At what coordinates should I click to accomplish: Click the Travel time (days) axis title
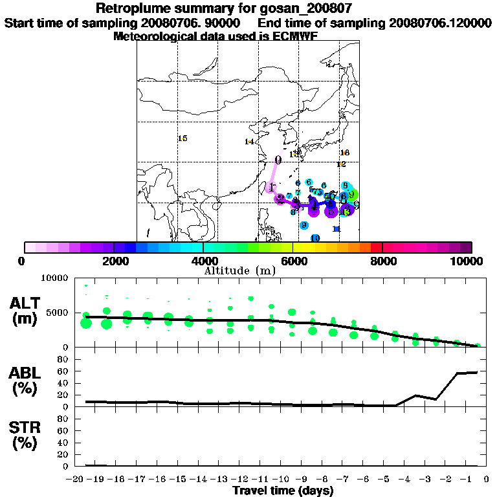tap(283, 491)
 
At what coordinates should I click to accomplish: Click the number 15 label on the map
tap(182, 138)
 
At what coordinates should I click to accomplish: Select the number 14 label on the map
tap(249, 142)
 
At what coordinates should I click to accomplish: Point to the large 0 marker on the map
tap(278, 160)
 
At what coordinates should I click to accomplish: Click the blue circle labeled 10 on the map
tap(315, 238)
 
